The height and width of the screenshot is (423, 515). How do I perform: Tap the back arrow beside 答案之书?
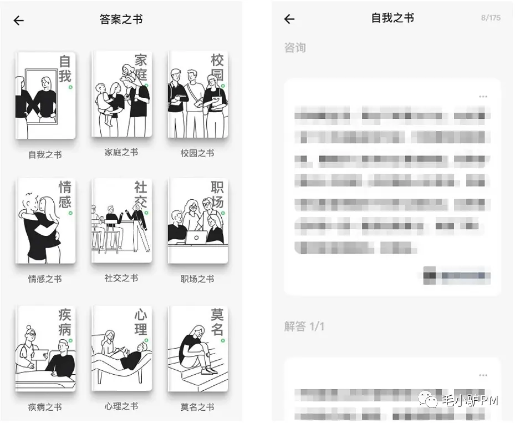pos(19,21)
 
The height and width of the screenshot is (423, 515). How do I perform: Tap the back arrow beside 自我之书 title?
pos(289,19)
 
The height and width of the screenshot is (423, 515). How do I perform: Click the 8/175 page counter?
pos(491,18)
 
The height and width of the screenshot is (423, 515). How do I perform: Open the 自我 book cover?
pos(45,95)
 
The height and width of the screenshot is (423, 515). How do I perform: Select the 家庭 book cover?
pos(121,94)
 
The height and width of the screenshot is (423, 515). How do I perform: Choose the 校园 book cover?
pos(197,94)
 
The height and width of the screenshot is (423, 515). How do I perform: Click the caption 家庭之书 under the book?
pos(121,153)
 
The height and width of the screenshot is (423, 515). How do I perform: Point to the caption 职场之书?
pos(197,279)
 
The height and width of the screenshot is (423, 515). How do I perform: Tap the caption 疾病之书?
pos(45,407)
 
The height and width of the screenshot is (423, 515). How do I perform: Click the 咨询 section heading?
pos(295,48)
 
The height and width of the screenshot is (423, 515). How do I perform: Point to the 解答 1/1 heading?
pos(304,326)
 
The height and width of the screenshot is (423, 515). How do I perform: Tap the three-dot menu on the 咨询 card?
pos(483,97)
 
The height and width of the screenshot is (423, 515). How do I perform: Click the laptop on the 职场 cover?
pos(196,238)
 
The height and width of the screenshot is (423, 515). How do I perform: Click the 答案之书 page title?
pos(121,19)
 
